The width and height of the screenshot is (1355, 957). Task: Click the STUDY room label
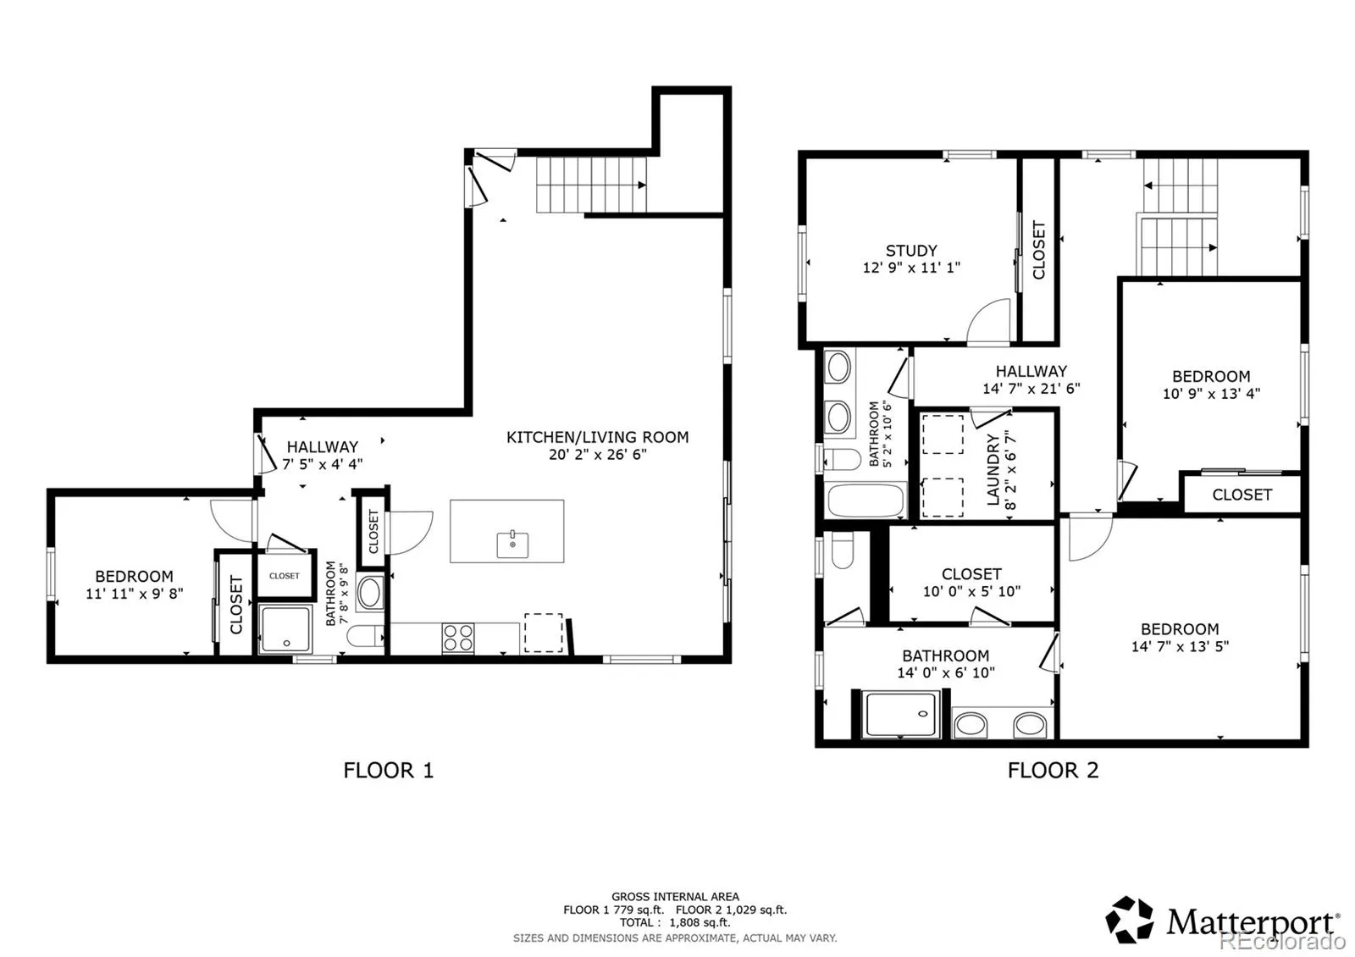[911, 251]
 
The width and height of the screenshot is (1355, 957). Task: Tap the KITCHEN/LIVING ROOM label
[598, 437]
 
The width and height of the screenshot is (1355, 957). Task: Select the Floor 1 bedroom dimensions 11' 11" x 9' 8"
[135, 594]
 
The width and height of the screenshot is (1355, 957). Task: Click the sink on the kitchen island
[512, 545]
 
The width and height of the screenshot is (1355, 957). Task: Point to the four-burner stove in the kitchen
[458, 639]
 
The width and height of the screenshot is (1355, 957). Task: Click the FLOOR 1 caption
[389, 771]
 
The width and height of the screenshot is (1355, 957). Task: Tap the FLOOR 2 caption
[1053, 771]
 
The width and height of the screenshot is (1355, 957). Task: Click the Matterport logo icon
[1130, 920]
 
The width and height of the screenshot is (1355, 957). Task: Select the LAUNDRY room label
[993, 469]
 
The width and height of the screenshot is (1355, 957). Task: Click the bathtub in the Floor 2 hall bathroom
[866, 501]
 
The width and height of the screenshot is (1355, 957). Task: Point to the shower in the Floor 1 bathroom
[285, 629]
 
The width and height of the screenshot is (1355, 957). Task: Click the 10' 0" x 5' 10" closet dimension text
[971, 591]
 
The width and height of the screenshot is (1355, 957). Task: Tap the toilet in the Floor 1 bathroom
[365, 636]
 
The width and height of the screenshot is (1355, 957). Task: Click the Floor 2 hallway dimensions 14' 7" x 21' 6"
[1031, 389]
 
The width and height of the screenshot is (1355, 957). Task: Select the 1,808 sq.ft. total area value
[700, 922]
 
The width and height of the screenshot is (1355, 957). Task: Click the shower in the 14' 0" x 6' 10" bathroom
[901, 715]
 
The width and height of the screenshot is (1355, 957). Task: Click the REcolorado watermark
[1281, 941]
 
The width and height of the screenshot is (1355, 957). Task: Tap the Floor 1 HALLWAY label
[323, 447]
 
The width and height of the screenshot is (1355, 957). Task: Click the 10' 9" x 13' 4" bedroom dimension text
[1211, 393]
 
